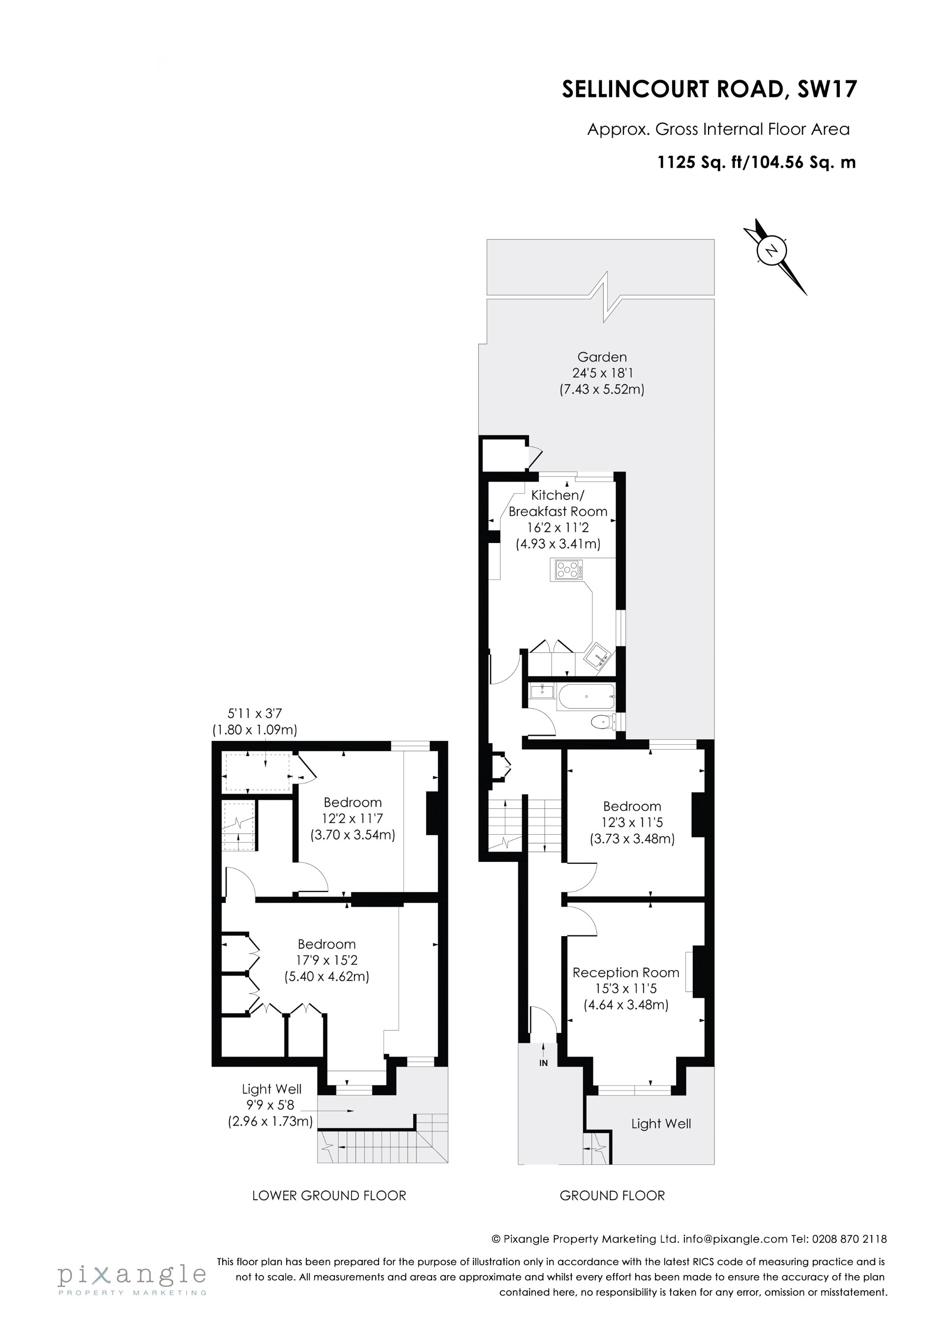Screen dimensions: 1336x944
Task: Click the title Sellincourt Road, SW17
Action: [709, 89]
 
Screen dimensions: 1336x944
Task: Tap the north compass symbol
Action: [772, 251]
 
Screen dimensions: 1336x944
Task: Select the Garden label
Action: [602, 357]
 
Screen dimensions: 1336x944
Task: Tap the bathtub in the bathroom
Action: [585, 696]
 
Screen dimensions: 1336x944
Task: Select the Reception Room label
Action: [626, 972]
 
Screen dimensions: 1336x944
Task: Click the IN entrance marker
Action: [543, 1063]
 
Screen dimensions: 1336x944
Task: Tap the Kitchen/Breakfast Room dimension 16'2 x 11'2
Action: [558, 528]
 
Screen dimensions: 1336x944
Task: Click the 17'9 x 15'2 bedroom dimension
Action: [326, 960]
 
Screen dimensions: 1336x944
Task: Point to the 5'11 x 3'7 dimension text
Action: [255, 713]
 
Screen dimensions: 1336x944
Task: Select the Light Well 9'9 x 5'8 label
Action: [271, 1104]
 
